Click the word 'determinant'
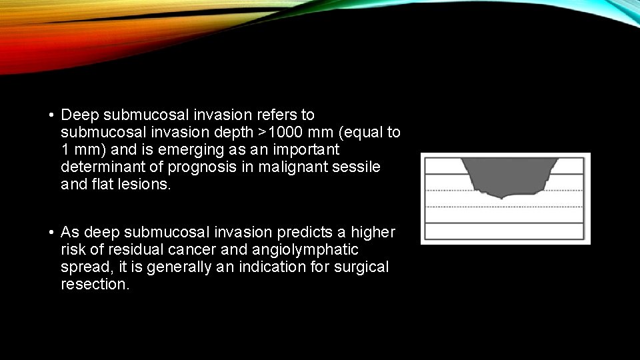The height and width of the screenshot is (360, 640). point(99,167)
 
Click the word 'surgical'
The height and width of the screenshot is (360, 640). point(365,267)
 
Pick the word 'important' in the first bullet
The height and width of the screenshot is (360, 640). point(307,150)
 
